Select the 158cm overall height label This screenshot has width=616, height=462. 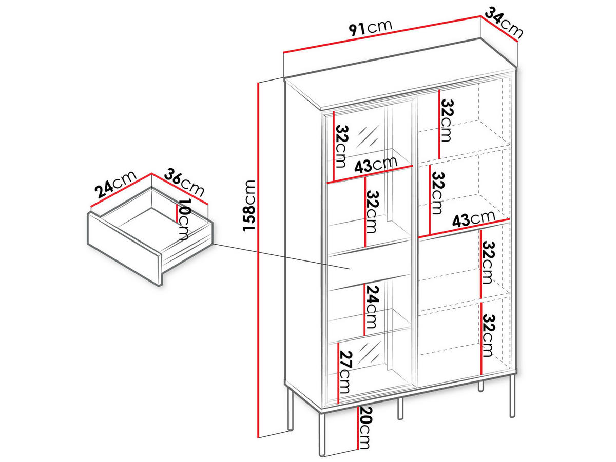tap(249, 205)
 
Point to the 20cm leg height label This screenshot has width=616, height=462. tap(364, 427)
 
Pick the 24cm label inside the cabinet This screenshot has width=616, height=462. tap(373, 307)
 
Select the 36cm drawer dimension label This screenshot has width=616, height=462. tap(184, 183)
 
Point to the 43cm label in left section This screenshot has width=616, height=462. tap(375, 165)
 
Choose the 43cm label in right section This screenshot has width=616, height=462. tap(473, 219)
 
